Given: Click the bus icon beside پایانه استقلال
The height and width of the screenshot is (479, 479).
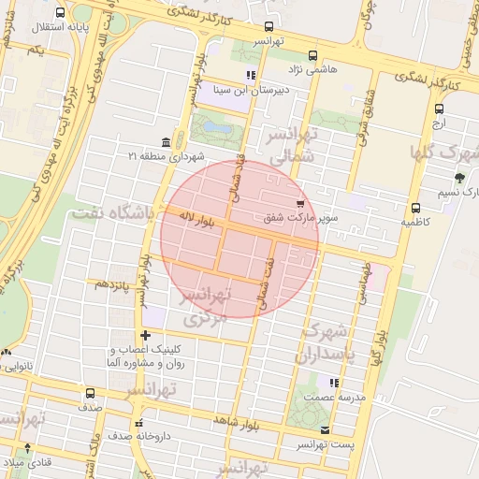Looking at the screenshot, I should [x=61, y=13].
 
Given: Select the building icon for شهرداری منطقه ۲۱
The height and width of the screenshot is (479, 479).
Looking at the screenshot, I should [x=166, y=141].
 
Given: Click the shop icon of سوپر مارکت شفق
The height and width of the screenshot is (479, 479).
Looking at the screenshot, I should [x=299, y=203].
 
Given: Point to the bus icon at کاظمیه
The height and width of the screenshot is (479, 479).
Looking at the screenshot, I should [x=415, y=208].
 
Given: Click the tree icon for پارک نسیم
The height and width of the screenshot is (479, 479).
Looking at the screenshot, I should [x=458, y=177].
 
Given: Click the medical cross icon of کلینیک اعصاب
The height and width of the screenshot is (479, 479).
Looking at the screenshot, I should [x=145, y=335].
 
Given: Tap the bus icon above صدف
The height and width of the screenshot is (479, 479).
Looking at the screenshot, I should [x=89, y=394].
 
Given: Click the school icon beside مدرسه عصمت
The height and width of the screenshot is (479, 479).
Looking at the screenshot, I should [x=334, y=382].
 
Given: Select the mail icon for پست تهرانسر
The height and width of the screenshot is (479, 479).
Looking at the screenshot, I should [x=325, y=429].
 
